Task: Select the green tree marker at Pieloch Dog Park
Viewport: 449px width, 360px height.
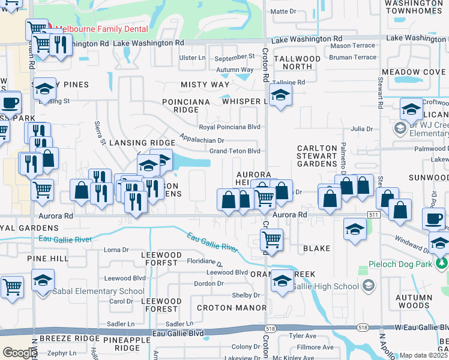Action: point(442,263)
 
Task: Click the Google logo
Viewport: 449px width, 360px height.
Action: point(19,353)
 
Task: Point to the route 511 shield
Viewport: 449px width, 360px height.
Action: point(374,214)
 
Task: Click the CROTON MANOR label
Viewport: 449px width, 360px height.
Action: point(232,308)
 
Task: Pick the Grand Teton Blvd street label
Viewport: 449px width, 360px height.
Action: point(234,151)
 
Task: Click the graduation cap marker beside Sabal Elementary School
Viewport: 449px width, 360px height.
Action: point(43,280)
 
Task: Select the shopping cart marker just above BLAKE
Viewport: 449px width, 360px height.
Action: point(271,239)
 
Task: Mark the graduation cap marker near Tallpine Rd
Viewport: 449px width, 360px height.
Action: point(280,95)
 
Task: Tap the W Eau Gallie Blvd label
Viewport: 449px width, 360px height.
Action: point(420,327)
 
